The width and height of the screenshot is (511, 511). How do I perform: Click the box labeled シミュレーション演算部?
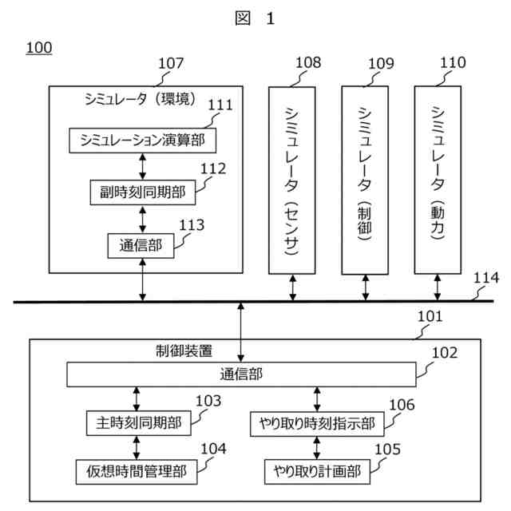[143, 141]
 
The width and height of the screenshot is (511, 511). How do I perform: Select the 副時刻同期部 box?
[143, 192]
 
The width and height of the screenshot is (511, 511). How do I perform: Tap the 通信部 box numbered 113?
[141, 246]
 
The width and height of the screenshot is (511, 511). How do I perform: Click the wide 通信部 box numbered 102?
[241, 374]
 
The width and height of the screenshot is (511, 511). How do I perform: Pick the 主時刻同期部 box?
[138, 423]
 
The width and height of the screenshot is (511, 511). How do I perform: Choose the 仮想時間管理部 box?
[137, 472]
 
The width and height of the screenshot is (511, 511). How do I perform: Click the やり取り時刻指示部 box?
[317, 424]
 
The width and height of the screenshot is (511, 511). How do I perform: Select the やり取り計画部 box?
[317, 472]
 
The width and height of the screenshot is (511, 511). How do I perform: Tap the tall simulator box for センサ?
[292, 180]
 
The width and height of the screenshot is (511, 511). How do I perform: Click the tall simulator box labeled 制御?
[365, 180]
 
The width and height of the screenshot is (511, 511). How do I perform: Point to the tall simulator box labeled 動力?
[438, 180]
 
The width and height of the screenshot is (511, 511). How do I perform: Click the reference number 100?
[39, 48]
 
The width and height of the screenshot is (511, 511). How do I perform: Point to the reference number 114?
[486, 278]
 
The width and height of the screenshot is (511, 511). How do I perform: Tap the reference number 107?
[171, 63]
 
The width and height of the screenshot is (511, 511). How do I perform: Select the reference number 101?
[430, 316]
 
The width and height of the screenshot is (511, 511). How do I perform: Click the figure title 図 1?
[255, 18]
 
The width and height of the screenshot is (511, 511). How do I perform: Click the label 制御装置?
[184, 351]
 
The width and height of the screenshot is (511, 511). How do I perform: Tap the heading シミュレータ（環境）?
[141, 99]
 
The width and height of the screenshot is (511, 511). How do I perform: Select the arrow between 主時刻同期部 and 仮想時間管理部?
[137, 447]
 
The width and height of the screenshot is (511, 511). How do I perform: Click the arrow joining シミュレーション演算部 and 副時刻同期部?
[143, 167]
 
